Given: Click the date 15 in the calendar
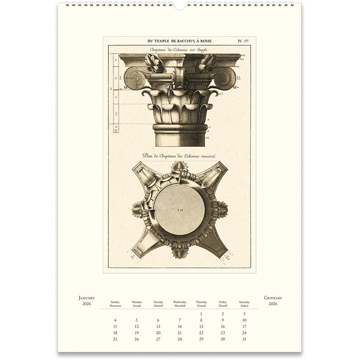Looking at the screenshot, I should coord(201,326).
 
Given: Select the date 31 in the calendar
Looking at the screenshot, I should coord(244,339).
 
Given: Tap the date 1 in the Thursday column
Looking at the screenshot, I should coord(201,314).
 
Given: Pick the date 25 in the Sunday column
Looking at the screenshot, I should coord(115,339).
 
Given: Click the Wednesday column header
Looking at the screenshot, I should coord(180,302).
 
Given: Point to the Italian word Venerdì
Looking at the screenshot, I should coord(223,306).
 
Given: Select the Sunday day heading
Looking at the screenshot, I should coord(115,302).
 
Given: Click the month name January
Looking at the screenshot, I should coord(86,298).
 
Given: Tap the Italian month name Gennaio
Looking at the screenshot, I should coord(273,298).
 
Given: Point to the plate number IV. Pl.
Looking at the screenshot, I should coord(244,41).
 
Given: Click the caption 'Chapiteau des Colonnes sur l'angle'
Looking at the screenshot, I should coord(179,50).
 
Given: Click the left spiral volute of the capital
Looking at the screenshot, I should coord(134,78).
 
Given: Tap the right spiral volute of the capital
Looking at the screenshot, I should coord(226,78).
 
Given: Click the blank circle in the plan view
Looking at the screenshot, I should coord(180,210).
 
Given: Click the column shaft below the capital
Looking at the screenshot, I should coord(180,138).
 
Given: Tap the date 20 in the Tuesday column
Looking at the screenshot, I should coord(158,333).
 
